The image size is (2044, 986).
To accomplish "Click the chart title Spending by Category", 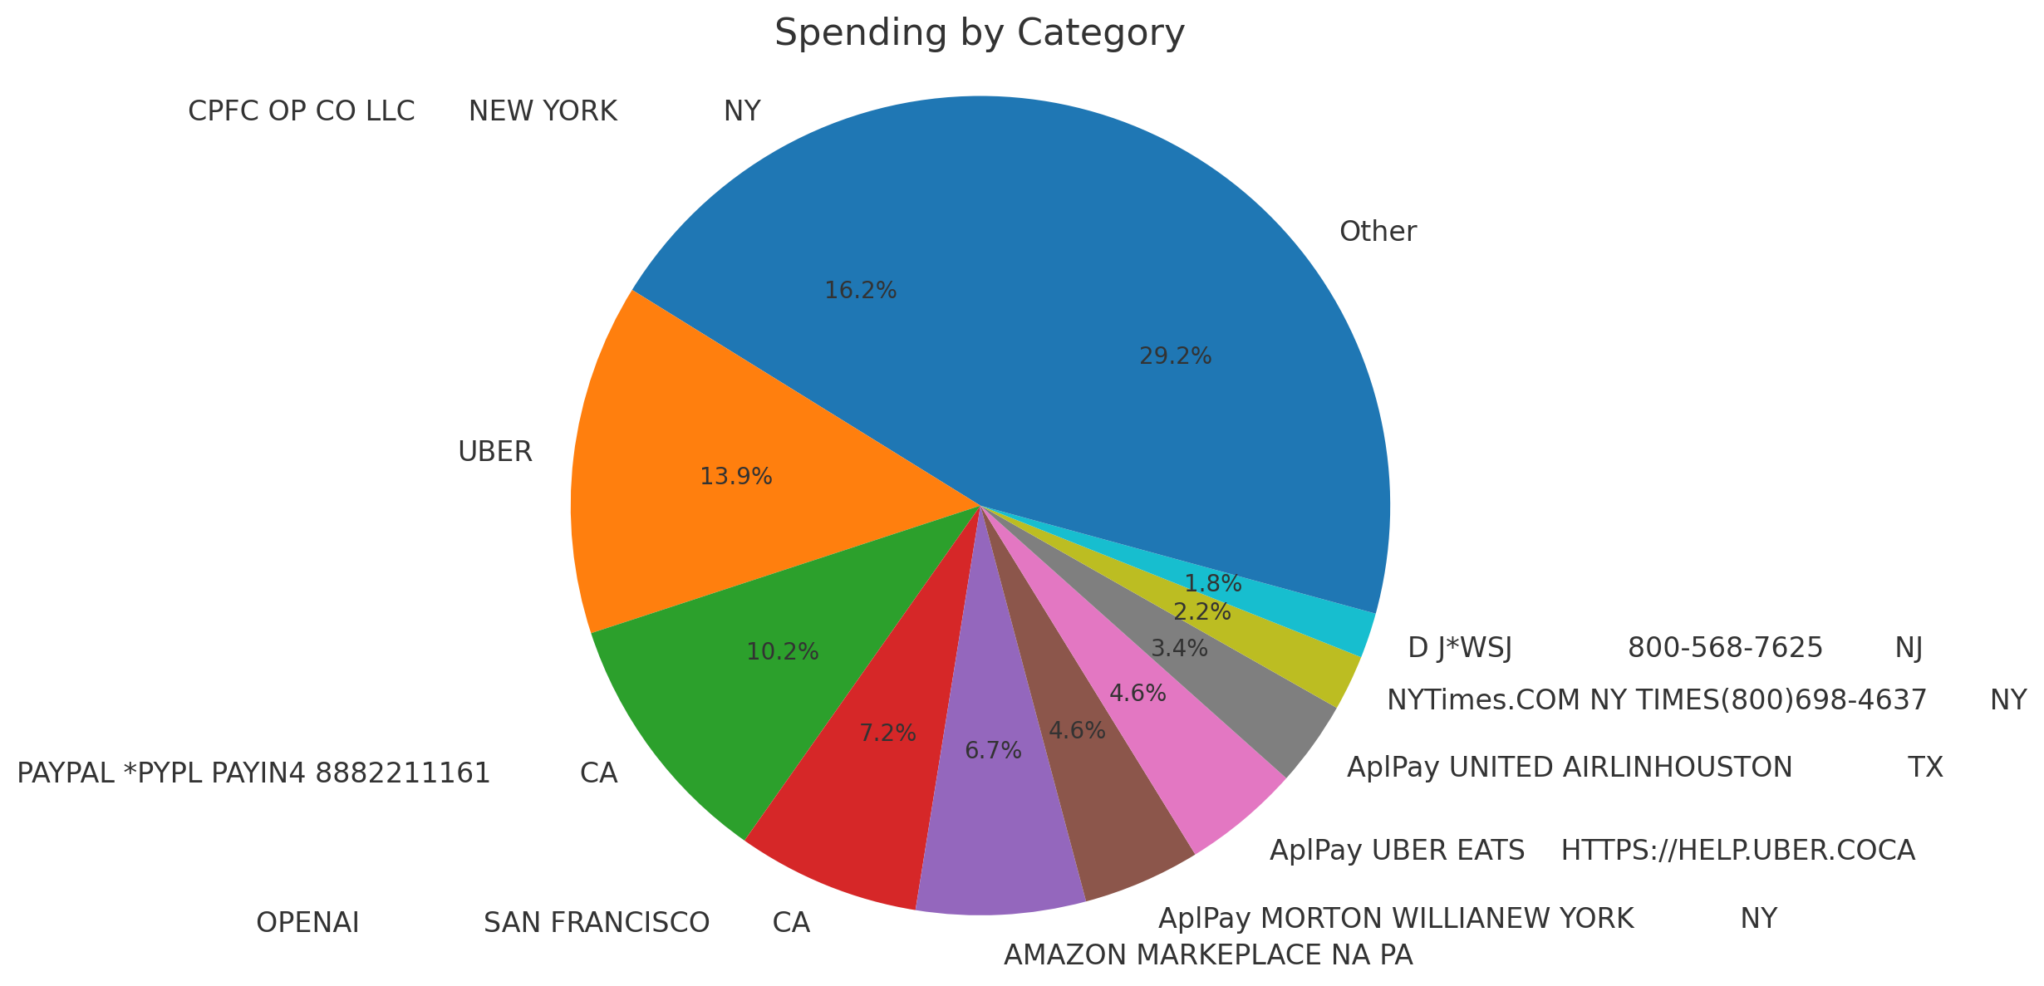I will coord(979,34).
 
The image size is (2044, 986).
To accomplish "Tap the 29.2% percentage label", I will coord(1175,356).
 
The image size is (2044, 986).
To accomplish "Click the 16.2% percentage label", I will coord(860,291).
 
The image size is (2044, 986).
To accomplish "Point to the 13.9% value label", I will coord(735,477).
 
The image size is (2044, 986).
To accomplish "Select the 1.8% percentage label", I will coord(1212,584).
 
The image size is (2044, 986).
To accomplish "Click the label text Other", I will coord(1378,232).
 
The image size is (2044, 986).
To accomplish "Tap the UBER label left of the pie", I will coord(494,452).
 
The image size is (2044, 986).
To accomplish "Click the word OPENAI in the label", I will coord(307,923).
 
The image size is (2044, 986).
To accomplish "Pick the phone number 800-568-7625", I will coord(1725,648).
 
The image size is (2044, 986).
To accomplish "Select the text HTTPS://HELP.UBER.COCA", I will coord(1737,851).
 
